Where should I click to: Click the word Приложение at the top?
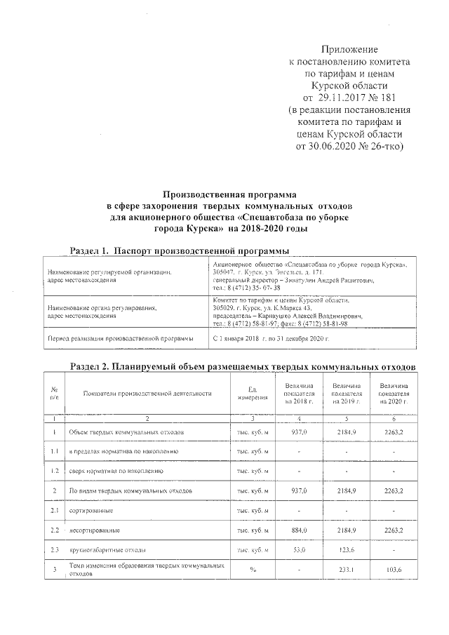click(349, 50)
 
